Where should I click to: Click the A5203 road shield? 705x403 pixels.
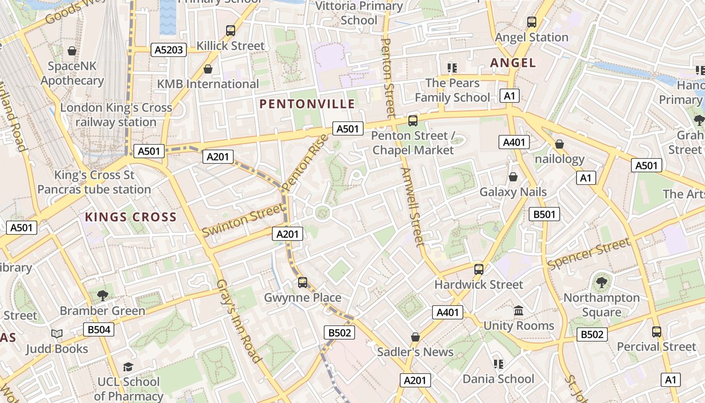(169, 49)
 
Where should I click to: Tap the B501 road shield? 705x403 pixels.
(544, 214)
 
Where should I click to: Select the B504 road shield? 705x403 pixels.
(99, 330)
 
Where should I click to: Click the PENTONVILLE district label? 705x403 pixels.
(307, 104)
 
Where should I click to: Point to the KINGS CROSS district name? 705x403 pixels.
(131, 218)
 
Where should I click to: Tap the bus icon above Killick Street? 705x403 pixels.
(231, 31)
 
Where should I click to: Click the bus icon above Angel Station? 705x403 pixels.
(532, 22)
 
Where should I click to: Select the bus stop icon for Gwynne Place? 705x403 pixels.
(303, 283)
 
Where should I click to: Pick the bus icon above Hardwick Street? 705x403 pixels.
(479, 269)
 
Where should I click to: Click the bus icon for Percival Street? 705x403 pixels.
(657, 332)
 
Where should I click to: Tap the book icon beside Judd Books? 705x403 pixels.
(57, 334)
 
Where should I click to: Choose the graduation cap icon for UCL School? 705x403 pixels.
(128, 367)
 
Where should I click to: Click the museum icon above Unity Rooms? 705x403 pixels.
(519, 311)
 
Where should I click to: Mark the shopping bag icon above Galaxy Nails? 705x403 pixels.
(513, 177)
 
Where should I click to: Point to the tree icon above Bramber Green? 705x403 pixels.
(103, 295)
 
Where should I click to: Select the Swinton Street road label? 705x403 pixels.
(242, 220)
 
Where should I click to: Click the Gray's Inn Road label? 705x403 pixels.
(239, 321)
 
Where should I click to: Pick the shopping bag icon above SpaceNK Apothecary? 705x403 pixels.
(72, 51)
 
